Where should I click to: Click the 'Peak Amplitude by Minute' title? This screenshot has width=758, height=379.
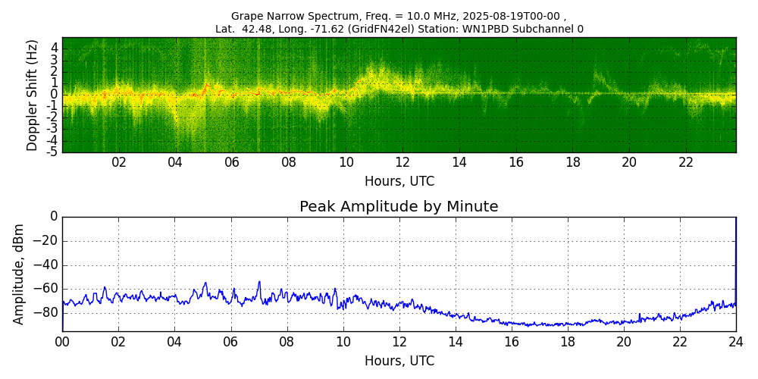point(399,207)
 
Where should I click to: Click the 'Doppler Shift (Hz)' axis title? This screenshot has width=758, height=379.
point(33,95)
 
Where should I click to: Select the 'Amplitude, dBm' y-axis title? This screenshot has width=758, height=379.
point(19,274)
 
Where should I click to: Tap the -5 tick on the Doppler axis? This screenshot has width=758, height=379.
point(53,152)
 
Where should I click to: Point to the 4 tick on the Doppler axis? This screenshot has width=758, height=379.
point(55,47)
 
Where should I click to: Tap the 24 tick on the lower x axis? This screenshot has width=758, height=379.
point(736,342)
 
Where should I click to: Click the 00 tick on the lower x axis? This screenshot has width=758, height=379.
point(62,342)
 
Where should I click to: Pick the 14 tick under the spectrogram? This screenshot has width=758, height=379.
point(459,162)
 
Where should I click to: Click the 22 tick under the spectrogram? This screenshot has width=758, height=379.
point(686,162)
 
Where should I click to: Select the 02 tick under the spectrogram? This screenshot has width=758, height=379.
point(119,162)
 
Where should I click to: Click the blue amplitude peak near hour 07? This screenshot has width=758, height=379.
point(258,282)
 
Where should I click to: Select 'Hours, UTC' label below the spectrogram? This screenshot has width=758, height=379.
point(399,181)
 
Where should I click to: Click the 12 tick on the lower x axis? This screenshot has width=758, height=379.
point(399,342)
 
